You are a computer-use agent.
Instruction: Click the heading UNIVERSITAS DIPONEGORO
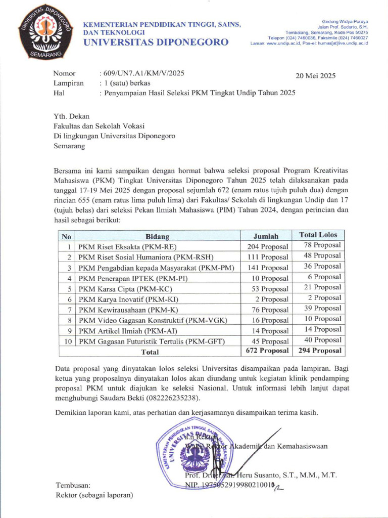pyautogui.click(x=156, y=42)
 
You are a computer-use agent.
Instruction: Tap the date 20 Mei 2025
pyautogui.click(x=315, y=76)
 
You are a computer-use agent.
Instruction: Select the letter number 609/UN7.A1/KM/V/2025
pyautogui.click(x=144, y=73)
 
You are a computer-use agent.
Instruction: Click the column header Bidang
pyautogui.click(x=157, y=236)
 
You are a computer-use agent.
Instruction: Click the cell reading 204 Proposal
pyautogui.click(x=267, y=247)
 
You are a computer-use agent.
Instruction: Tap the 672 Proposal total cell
pyautogui.click(x=267, y=351)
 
